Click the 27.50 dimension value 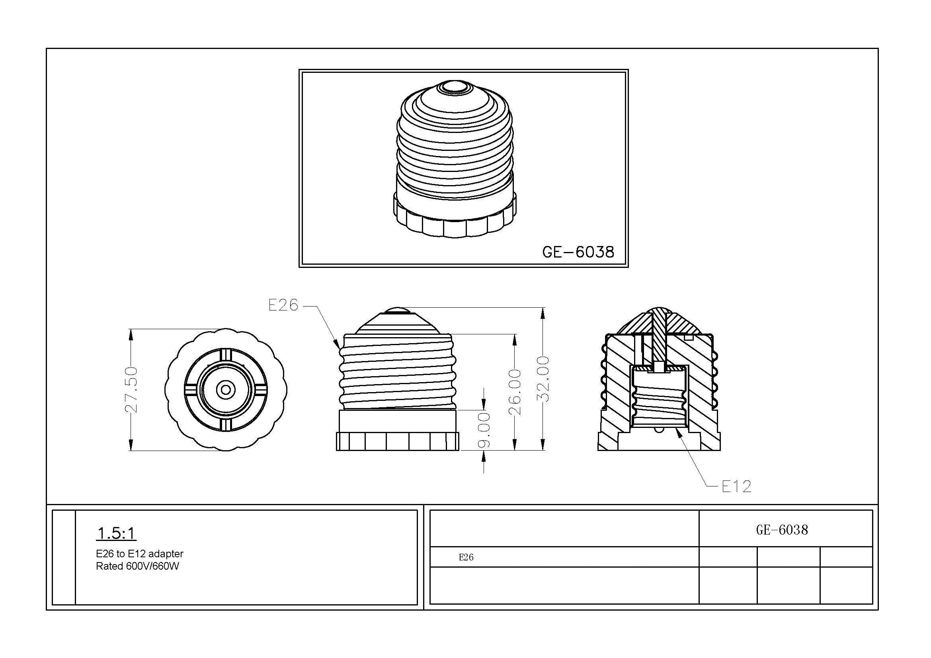pos(131,390)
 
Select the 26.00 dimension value pos(515,392)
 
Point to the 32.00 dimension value pos(543,379)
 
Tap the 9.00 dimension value pos(484,430)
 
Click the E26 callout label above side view pos(283,305)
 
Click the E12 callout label pos(736,486)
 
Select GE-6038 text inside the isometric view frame pos(578,252)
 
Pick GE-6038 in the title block pos(782,530)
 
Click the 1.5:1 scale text pos(116,533)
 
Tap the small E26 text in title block pos(466,557)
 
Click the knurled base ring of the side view pos(397,441)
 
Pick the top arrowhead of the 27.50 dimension pos(131,333)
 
